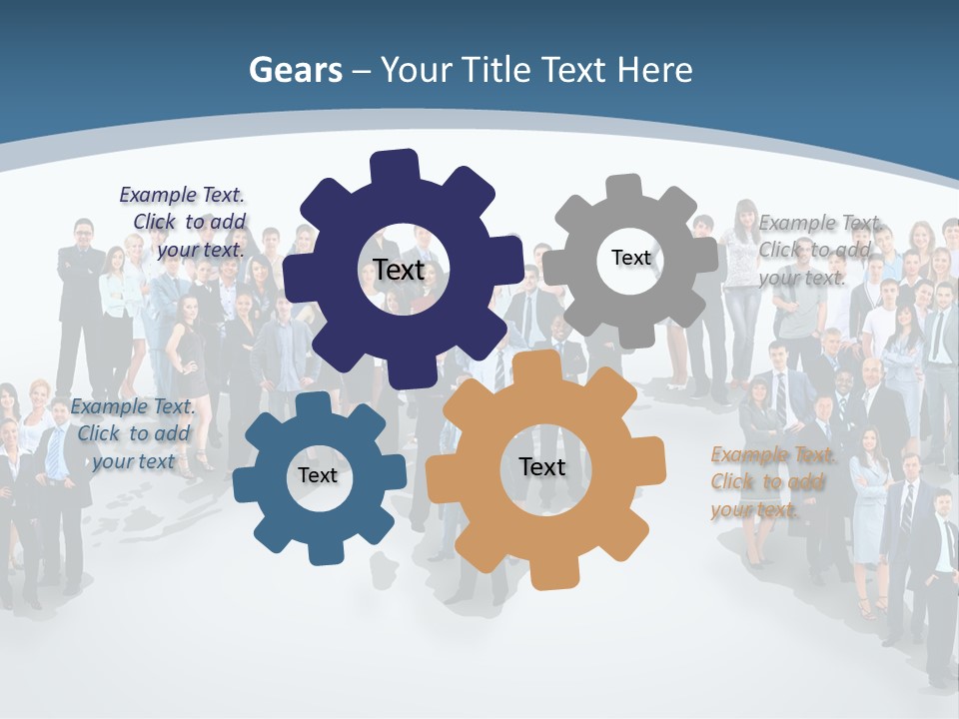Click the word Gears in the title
pos(296,70)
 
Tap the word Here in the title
pos(654,70)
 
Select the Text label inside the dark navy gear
pos(399,270)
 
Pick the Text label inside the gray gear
pos(630,258)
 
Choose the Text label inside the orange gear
pos(541,466)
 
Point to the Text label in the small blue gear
pos(318,475)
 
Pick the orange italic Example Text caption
pos(770,482)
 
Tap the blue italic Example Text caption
pos(133,433)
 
